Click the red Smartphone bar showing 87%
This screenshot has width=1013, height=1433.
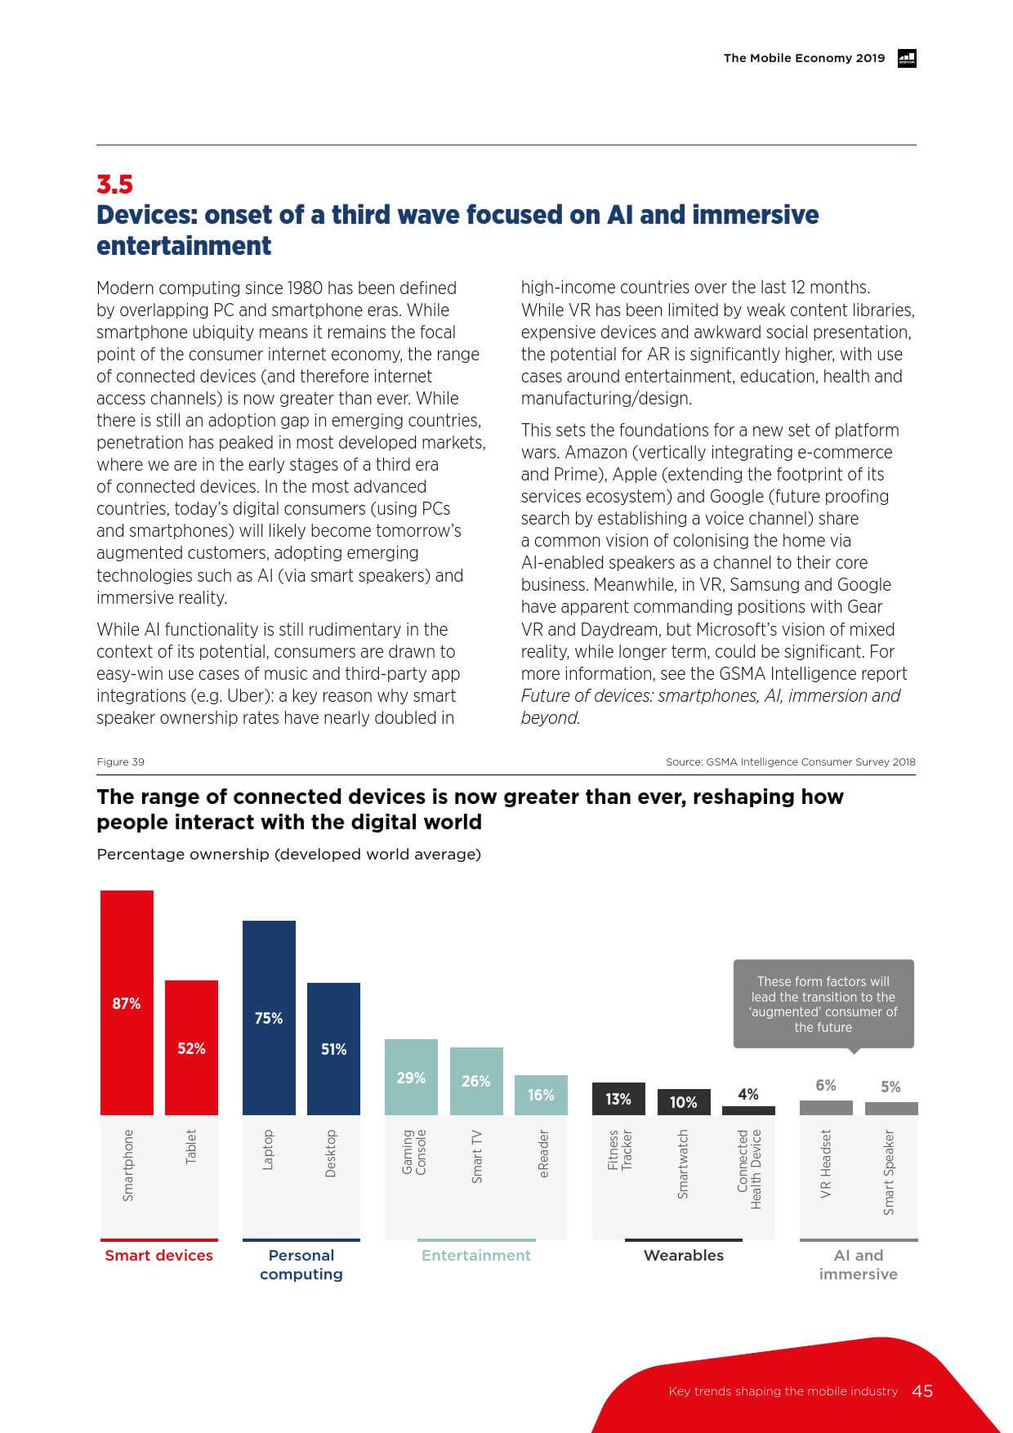tap(127, 1002)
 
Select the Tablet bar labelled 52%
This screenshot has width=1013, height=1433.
tap(191, 1047)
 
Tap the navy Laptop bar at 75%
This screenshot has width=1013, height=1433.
tap(269, 1017)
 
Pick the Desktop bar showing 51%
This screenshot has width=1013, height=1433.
tap(333, 1048)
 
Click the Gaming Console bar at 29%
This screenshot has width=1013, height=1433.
tap(411, 1077)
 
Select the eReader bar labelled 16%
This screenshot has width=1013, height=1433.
tap(541, 1095)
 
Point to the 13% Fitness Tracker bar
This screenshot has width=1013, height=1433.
tap(618, 1099)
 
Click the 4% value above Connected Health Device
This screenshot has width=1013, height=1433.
tap(748, 1094)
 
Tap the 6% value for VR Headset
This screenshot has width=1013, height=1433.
tap(826, 1085)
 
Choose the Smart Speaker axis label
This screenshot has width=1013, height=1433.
tap(890, 1172)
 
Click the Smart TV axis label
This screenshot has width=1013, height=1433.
tap(477, 1156)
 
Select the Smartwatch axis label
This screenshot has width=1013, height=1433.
tap(684, 1163)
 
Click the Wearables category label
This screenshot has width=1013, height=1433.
tap(684, 1255)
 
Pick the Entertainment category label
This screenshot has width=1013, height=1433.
tap(476, 1255)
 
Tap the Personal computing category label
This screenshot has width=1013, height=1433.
tap(301, 1264)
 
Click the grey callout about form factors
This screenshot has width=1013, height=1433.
tap(823, 1004)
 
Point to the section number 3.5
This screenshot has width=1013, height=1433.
tap(114, 184)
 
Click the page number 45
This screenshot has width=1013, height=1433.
tap(922, 1391)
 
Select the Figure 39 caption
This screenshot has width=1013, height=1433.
tap(121, 761)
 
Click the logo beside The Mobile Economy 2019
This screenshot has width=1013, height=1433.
tap(907, 58)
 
